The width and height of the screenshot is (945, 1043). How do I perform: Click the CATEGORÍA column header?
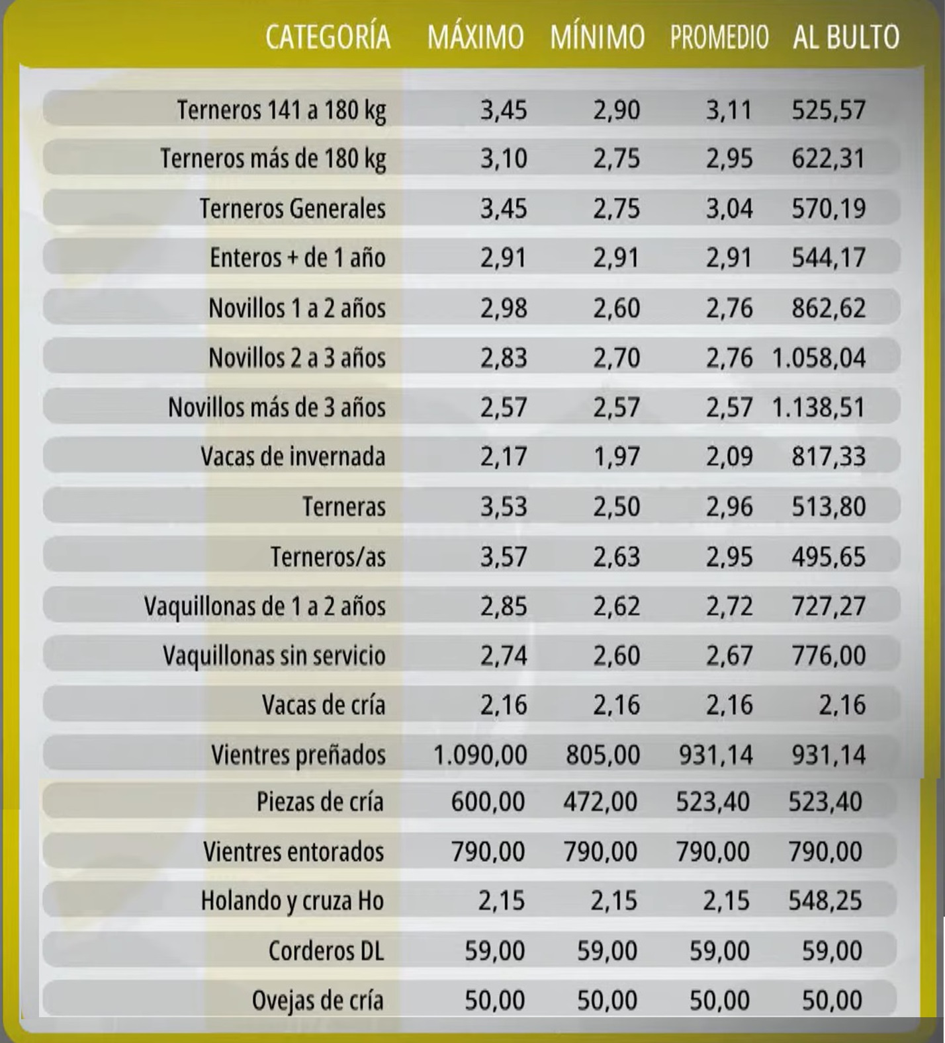pos(328,37)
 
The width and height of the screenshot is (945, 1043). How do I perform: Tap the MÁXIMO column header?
pos(475,37)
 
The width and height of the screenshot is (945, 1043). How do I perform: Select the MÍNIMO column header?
pos(597,37)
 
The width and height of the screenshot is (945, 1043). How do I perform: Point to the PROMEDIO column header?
pos(719,37)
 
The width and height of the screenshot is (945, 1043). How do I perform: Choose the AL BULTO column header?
pos(846,37)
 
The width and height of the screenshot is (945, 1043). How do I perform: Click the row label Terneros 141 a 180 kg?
pos(281,110)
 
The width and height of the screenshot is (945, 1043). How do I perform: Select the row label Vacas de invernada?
pos(292,457)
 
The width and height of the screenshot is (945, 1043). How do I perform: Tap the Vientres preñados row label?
pos(298,755)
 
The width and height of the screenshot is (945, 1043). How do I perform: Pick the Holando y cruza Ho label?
pos(292,901)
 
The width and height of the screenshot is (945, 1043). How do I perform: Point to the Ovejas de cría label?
pos(317,1000)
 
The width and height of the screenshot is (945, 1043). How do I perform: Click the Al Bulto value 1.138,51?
pos(819,407)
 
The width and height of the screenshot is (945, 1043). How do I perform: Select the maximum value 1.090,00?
pos(480,755)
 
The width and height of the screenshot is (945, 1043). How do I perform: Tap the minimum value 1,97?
pos(616,457)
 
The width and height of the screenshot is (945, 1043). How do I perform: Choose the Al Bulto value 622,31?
pos(829,159)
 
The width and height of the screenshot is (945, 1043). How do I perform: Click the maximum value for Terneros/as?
pos(504,557)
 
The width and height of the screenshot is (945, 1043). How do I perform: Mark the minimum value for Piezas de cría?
pos(600,802)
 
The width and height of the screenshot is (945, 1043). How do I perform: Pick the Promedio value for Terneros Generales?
pos(729,209)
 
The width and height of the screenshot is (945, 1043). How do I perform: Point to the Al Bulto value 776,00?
pos(829,656)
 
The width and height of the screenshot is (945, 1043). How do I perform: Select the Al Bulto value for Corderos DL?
pos(832,951)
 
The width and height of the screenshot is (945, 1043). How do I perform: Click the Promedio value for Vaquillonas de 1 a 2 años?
pos(729,606)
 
